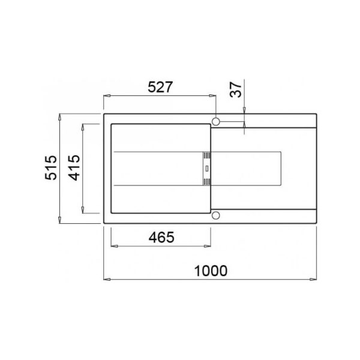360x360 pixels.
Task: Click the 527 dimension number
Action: point(160,87)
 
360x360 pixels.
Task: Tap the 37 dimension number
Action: point(236,89)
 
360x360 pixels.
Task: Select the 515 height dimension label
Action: point(51,168)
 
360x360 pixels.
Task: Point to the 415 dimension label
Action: point(74,168)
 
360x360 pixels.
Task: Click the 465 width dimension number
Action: point(161,237)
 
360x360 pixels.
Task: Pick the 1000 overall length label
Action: point(211,271)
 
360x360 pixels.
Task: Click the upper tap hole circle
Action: point(216,121)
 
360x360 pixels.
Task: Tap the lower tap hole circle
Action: point(216,215)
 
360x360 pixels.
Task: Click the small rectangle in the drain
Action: point(207,169)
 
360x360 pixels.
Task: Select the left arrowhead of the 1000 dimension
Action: point(107,280)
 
